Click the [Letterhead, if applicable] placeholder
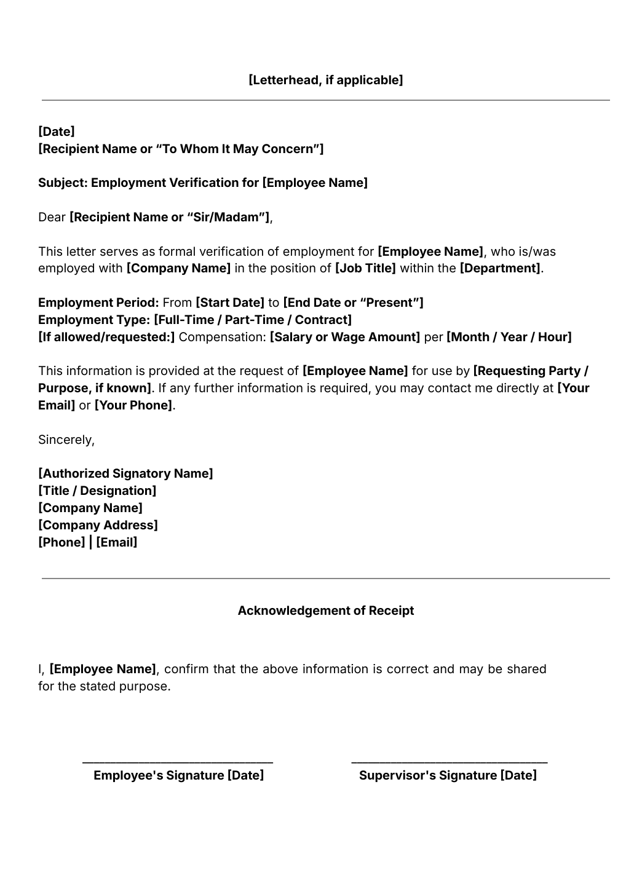pyautogui.click(x=325, y=80)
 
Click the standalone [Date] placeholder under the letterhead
pyautogui.click(x=57, y=132)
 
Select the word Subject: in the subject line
pyautogui.click(x=63, y=183)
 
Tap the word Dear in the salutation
pyautogui.click(x=52, y=217)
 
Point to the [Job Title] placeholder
pyautogui.click(x=365, y=268)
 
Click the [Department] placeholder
pyautogui.click(x=501, y=268)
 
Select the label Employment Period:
pyautogui.click(x=98, y=302)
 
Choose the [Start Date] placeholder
pyautogui.click(x=230, y=302)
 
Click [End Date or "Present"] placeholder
pyautogui.click(x=353, y=302)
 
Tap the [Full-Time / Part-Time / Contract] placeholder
pyautogui.click(x=253, y=320)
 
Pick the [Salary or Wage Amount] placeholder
pyautogui.click(x=345, y=337)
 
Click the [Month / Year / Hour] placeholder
pyautogui.click(x=509, y=337)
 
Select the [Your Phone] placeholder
pyautogui.click(x=133, y=405)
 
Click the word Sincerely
pyautogui.click(x=66, y=440)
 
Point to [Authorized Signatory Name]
pyautogui.click(x=125, y=473)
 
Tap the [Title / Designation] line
pyautogui.click(x=97, y=491)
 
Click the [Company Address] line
pyautogui.click(x=98, y=525)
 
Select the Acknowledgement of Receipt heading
pyautogui.click(x=325, y=610)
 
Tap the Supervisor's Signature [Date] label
pyautogui.click(x=448, y=775)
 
